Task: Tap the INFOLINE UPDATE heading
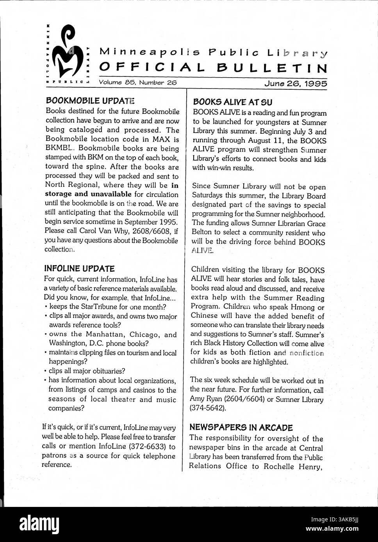[x=79, y=269]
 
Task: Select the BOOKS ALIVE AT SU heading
[x=233, y=102]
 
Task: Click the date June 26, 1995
[x=296, y=83]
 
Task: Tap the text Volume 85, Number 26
[x=138, y=82]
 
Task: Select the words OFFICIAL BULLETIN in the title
[x=213, y=68]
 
